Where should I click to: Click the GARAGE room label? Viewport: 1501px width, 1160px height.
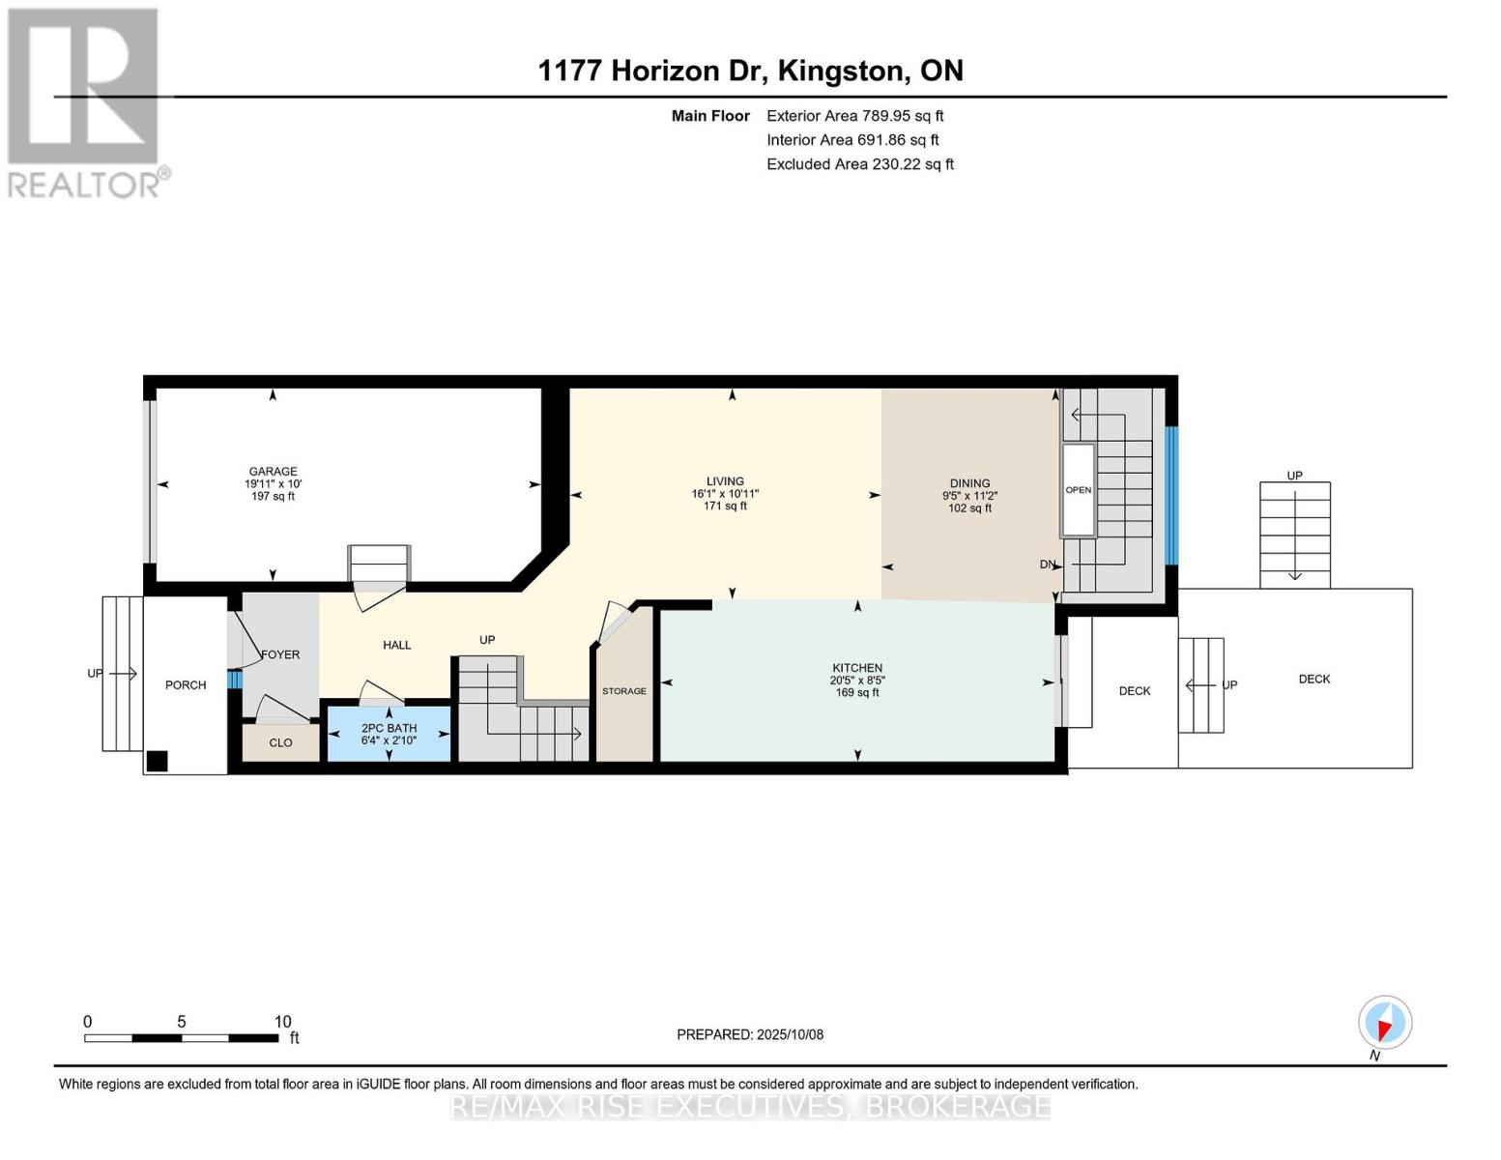273,472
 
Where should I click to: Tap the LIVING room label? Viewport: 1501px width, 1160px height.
725,481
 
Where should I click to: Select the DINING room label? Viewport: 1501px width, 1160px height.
969,483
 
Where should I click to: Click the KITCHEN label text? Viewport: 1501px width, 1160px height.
857,668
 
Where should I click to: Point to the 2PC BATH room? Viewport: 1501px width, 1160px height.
389,734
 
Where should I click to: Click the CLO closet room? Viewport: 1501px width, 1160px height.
280,742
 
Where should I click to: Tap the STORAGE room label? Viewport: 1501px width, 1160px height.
624,691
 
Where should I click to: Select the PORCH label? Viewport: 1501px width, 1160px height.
186,685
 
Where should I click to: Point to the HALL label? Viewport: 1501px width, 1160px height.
397,645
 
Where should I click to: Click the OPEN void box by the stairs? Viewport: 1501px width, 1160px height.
1079,490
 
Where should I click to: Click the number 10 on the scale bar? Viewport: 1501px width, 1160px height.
282,1022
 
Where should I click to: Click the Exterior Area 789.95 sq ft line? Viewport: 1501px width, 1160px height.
854,116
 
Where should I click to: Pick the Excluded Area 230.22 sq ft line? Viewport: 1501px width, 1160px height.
859,164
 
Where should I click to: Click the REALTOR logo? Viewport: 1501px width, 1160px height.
85,102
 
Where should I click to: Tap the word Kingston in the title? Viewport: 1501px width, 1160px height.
843,71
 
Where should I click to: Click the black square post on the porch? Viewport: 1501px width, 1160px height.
157,761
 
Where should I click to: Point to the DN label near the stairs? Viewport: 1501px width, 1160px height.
1048,565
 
